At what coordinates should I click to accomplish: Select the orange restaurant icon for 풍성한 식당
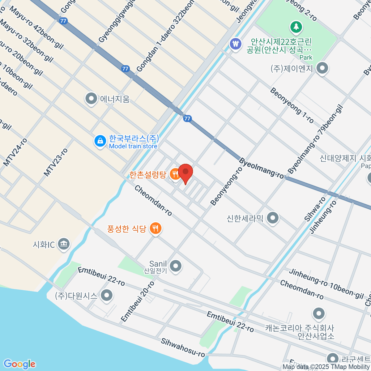156,229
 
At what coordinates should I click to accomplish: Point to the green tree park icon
296,27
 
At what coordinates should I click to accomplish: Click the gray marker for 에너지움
91,99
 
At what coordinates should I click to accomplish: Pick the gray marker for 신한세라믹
273,218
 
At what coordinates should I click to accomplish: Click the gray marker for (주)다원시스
107,295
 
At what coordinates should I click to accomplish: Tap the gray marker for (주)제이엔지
322,68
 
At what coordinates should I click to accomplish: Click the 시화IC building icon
64,245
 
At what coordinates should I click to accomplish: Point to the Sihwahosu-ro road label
183,348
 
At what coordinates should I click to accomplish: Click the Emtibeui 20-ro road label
138,301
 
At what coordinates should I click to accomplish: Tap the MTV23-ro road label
56,162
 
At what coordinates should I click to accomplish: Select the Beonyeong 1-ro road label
292,105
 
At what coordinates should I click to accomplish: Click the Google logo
19,364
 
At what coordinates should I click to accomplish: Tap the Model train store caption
133,146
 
